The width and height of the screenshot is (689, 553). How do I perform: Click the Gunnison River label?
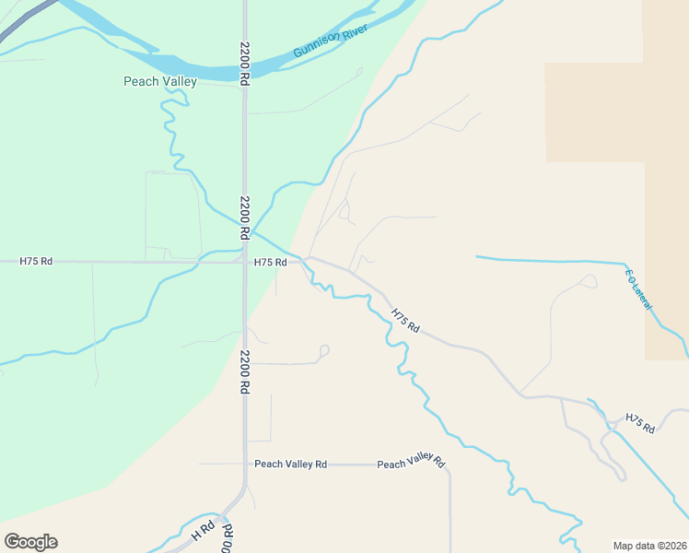331,42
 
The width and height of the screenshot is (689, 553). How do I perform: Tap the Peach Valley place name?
160,81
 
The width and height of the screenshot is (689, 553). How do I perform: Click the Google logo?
30,542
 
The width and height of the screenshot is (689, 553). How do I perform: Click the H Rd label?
201,532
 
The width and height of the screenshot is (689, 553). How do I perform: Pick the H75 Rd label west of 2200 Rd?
36,262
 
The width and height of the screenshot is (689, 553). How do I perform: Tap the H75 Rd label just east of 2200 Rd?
271,262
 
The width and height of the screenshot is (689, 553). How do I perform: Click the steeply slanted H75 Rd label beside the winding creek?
405,321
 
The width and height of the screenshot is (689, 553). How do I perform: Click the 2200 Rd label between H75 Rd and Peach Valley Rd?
245,372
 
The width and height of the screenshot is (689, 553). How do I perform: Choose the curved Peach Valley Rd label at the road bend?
412,464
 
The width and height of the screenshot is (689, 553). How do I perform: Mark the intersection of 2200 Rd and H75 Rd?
245,262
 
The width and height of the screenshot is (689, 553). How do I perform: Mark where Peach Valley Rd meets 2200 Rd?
245,464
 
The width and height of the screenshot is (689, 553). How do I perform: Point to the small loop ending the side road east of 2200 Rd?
323,349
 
